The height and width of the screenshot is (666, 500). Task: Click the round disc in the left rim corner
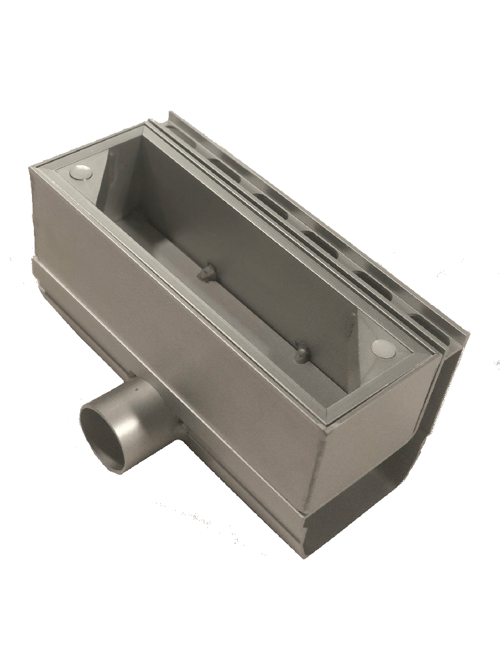[x=81, y=172]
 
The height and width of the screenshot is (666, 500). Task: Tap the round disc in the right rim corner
[x=385, y=349]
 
